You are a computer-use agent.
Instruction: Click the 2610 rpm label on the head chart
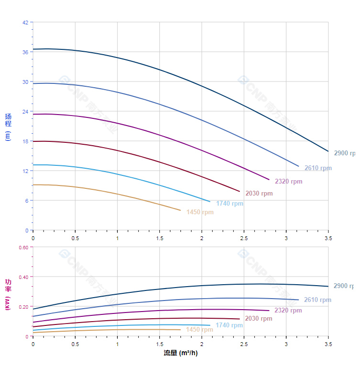click(x=318, y=168)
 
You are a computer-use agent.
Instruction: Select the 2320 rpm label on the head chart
click(x=288, y=182)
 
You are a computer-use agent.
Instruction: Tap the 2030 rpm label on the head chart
click(x=259, y=194)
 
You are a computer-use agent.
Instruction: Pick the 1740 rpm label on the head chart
click(x=229, y=204)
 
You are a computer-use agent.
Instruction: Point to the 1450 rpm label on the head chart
click(x=200, y=212)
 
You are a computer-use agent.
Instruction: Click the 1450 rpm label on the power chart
click(x=199, y=330)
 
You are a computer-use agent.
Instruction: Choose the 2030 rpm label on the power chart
click(x=259, y=319)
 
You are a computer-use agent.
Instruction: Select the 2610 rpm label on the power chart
click(x=317, y=300)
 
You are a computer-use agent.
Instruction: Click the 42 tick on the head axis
click(x=25, y=22)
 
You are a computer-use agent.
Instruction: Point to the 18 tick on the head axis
click(x=25, y=141)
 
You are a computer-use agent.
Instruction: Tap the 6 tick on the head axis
click(x=26, y=200)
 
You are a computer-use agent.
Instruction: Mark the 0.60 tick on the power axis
click(x=23, y=247)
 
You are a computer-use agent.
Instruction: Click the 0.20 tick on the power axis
click(x=23, y=307)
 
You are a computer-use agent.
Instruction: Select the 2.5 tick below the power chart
click(x=244, y=344)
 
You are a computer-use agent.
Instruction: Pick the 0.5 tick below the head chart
click(x=75, y=238)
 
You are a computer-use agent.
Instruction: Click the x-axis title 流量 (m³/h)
click(x=180, y=353)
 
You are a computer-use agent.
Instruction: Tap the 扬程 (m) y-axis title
click(x=8, y=127)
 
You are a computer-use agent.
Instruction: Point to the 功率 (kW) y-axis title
click(x=8, y=294)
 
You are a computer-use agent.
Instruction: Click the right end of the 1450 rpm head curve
click(x=180, y=210)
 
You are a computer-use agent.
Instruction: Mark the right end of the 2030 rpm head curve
click(x=239, y=192)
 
